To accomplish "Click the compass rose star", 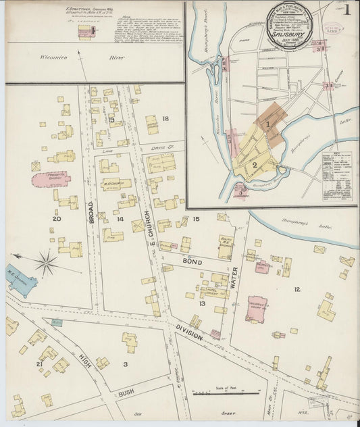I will click(x=46, y=263).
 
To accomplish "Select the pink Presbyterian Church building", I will click(x=51, y=180).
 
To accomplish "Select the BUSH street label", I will click(x=126, y=391).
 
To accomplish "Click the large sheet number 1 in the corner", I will click(x=346, y=10).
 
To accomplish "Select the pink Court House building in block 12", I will click(x=257, y=308).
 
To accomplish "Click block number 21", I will click(x=39, y=364).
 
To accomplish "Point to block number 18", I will click(x=165, y=119).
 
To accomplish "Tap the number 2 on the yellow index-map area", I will click(x=255, y=164).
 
